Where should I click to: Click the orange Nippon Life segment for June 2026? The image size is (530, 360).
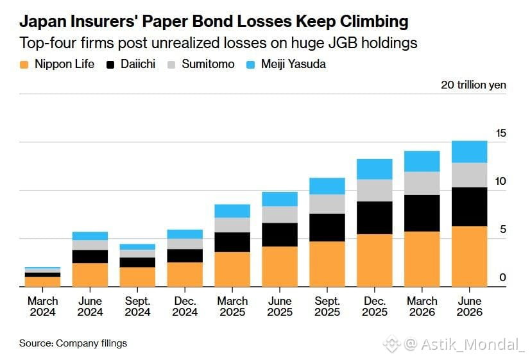click(469, 256)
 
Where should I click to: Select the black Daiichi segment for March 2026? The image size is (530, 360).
click(422, 213)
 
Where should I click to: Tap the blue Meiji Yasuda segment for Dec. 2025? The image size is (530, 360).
click(375, 169)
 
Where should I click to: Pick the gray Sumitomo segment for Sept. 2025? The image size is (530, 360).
click(327, 204)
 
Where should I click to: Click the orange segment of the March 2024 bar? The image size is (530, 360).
click(42, 282)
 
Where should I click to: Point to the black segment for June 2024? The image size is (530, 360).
click(90, 257)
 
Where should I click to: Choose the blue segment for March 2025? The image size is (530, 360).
click(232, 211)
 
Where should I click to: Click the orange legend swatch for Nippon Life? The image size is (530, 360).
click(24, 65)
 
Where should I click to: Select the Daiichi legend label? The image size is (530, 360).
click(138, 64)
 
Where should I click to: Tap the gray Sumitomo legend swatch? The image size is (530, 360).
click(171, 65)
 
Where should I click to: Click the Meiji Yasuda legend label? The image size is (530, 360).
click(293, 64)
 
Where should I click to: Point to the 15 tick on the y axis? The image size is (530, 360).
click(501, 133)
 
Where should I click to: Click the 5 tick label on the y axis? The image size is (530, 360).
click(503, 230)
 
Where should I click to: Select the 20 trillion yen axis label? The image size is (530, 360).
click(474, 85)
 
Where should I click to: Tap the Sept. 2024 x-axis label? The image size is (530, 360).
click(137, 306)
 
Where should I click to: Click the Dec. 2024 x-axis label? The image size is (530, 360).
click(185, 306)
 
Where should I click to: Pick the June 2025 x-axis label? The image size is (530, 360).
click(280, 306)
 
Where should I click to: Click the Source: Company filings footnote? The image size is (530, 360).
click(73, 343)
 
